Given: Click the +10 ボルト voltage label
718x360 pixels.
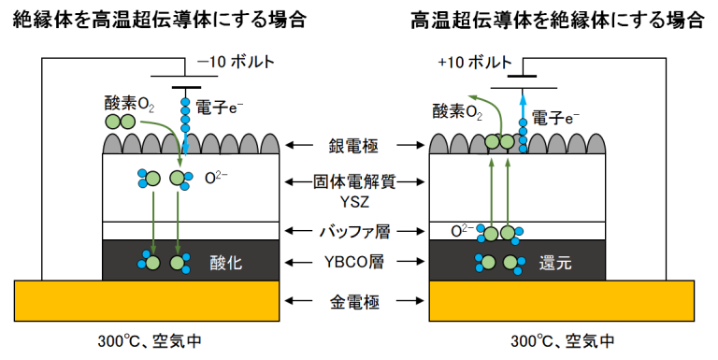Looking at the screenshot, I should (473, 63).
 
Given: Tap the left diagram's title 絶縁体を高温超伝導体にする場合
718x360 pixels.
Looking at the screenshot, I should (152, 21).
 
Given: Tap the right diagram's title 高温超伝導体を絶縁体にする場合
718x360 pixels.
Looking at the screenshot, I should (557, 21).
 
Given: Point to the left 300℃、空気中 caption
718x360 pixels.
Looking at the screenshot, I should (150, 340).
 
